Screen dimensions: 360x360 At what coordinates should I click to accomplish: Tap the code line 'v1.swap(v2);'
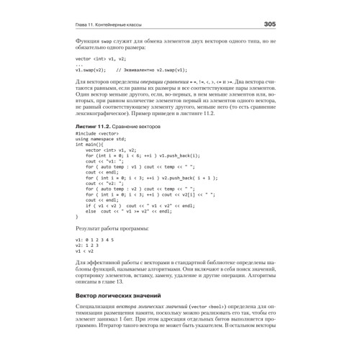(91, 71)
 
